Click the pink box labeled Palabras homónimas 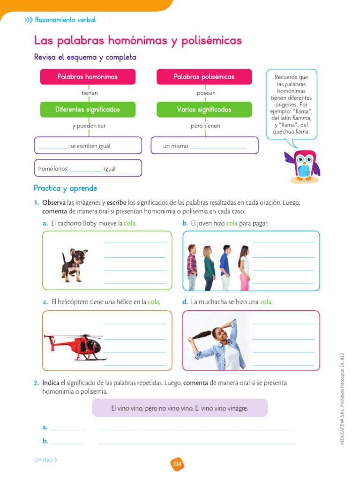(88, 77)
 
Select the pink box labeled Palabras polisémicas (204, 77)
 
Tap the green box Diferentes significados (88, 110)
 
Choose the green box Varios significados (204, 110)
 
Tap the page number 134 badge (177, 464)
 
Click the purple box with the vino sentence (180, 408)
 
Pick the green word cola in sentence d (266, 302)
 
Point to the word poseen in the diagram (206, 93)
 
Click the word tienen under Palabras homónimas (90, 93)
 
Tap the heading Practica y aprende (66, 188)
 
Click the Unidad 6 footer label (45, 460)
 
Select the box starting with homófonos (88, 168)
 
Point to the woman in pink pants (244, 267)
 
